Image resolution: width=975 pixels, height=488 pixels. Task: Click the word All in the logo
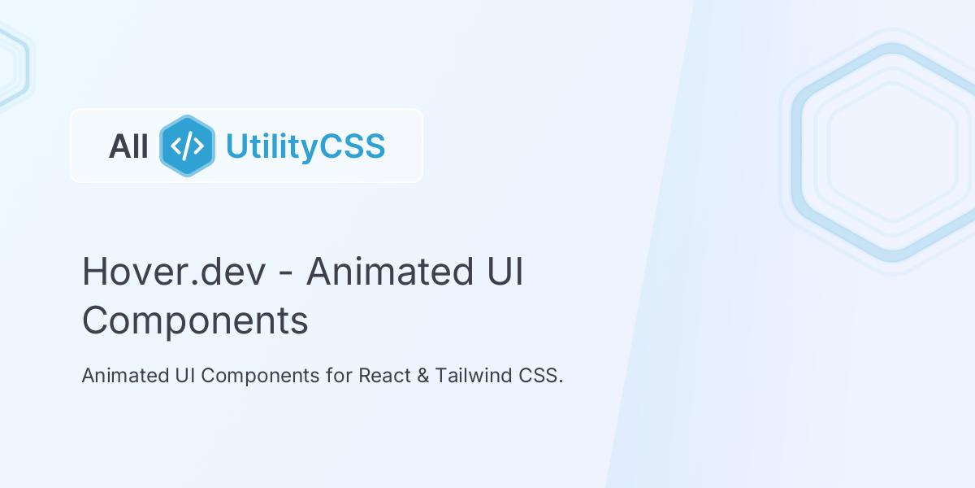point(128,146)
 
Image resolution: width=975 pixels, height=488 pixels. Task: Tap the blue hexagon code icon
point(187,146)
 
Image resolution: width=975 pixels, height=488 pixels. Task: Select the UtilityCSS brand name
point(305,146)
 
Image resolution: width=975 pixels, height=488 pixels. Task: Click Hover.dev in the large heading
point(174,272)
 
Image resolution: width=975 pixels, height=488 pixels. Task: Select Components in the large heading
point(195,320)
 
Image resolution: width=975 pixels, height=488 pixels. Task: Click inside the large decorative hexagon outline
point(891,152)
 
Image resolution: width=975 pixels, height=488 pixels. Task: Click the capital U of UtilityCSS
point(235,146)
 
